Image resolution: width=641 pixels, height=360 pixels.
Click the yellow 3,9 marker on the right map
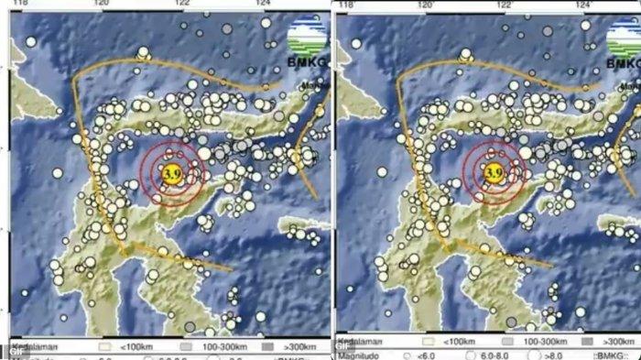pyautogui.click(x=494, y=170)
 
